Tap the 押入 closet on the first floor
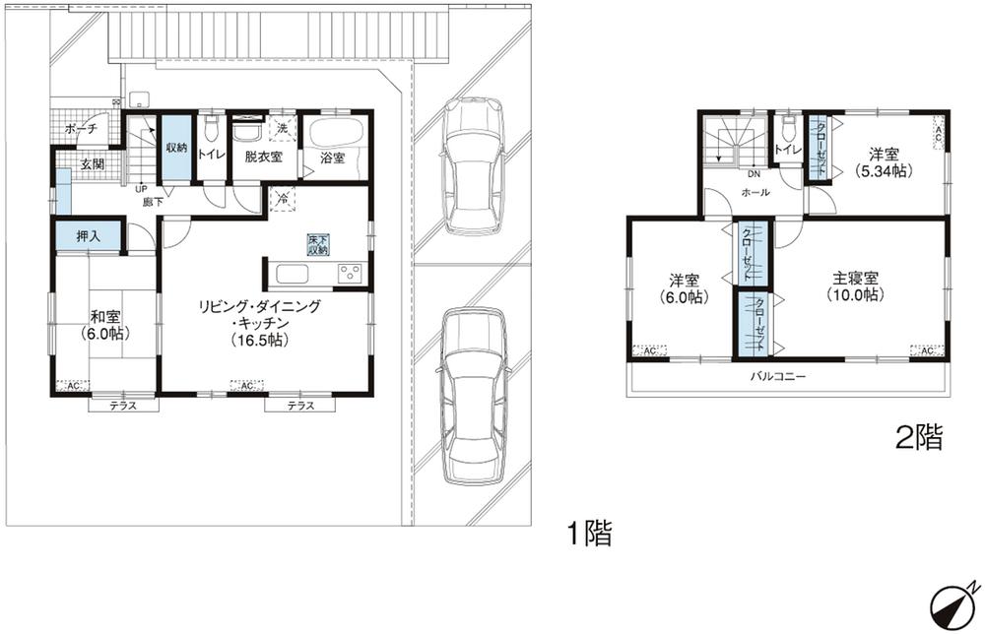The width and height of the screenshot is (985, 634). (x=88, y=236)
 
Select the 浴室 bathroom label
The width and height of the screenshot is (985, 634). (x=332, y=158)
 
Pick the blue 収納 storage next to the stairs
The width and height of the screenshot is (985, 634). (x=175, y=149)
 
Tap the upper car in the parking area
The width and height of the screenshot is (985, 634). (x=474, y=164)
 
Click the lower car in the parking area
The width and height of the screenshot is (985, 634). (x=473, y=394)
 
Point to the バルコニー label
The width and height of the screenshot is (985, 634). (x=777, y=376)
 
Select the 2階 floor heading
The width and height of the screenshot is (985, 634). (x=918, y=438)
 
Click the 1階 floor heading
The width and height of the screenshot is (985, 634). (x=589, y=535)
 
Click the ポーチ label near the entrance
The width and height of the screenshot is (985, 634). (x=81, y=130)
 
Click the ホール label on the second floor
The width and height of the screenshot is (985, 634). (x=755, y=193)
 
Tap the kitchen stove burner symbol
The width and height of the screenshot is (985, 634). (x=350, y=274)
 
